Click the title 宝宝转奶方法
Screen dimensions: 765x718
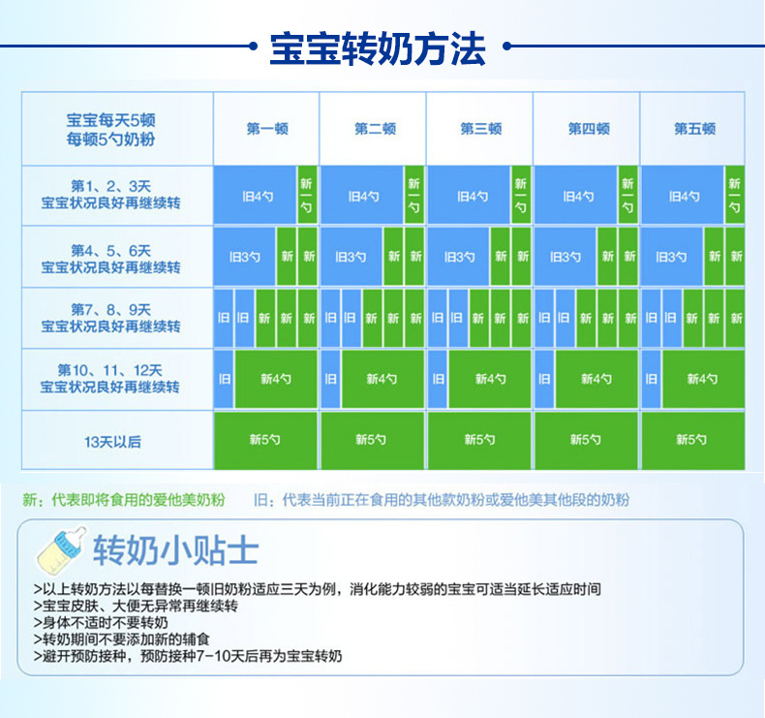[x=378, y=47]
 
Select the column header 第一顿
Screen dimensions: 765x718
[x=267, y=129]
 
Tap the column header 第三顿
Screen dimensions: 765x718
[x=480, y=129]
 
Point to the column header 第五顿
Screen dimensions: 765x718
[x=694, y=129]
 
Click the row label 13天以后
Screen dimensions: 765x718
[x=112, y=442]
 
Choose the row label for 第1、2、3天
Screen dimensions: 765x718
[x=110, y=194]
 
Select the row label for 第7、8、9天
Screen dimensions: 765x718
[x=110, y=318]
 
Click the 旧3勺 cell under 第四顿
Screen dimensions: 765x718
[x=565, y=256]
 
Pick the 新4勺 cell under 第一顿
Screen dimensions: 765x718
[x=276, y=379]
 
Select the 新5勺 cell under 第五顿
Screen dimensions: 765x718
[x=692, y=440]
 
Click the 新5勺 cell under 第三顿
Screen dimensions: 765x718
[x=479, y=440]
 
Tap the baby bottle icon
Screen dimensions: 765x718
[x=61, y=551]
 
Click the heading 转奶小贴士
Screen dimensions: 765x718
[x=175, y=550]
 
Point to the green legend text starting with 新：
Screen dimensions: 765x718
[x=124, y=500]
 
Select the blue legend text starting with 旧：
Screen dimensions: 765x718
[x=442, y=500]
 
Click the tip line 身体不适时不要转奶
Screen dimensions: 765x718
[x=101, y=622]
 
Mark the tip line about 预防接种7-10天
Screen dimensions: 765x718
[x=188, y=656]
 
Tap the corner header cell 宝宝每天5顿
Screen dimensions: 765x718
[x=110, y=129]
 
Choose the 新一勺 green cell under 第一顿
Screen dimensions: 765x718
[x=306, y=195]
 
